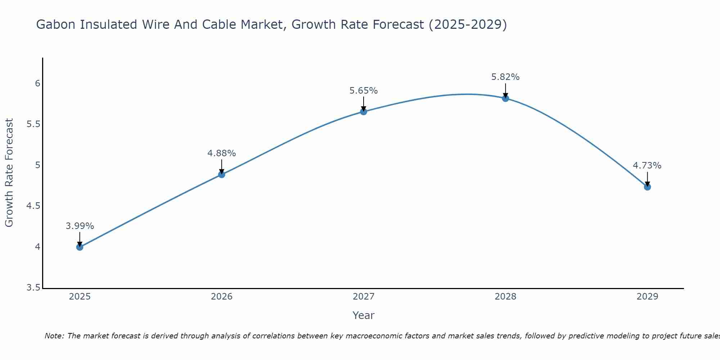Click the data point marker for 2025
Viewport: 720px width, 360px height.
coord(80,247)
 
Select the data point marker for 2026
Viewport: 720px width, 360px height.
coord(222,175)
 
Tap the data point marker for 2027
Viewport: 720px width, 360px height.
coord(364,112)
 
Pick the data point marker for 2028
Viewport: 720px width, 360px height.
coord(505,98)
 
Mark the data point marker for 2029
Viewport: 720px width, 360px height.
coord(647,187)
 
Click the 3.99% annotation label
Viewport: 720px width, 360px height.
coord(80,226)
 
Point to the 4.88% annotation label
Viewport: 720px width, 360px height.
coord(222,153)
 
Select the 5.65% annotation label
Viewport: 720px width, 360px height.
coord(364,91)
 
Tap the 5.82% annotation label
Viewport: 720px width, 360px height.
coord(505,77)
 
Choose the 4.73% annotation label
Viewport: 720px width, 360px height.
coord(647,166)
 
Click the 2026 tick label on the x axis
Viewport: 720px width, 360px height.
coord(222,297)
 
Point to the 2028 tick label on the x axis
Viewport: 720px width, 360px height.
coord(505,297)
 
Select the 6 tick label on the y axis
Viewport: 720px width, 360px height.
coord(37,84)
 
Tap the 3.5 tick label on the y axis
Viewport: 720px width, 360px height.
coord(33,288)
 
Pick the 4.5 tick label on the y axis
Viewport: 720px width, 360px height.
coord(33,206)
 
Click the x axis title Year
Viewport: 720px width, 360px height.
coord(364,315)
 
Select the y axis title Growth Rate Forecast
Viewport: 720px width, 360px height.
coord(9,173)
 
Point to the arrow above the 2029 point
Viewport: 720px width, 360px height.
coord(647,179)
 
